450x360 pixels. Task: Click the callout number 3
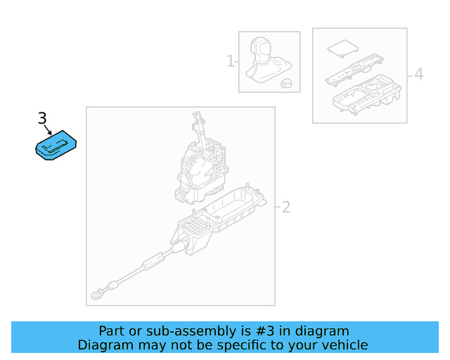[x=42, y=118]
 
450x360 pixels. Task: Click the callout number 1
[x=231, y=61]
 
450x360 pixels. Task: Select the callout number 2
[x=286, y=207]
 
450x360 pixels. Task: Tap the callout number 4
[x=419, y=74]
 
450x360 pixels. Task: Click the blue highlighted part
[x=56, y=145]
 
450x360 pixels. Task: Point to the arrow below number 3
[x=48, y=130]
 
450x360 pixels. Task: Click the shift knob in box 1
[x=269, y=60]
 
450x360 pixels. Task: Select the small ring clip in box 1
[x=286, y=83]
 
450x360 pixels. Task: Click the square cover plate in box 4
[x=343, y=49]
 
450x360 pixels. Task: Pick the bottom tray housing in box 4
[x=366, y=95]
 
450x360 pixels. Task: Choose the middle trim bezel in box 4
[x=354, y=70]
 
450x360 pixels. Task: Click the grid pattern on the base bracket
[x=195, y=224]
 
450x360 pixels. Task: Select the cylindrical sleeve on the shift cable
[x=154, y=261]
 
